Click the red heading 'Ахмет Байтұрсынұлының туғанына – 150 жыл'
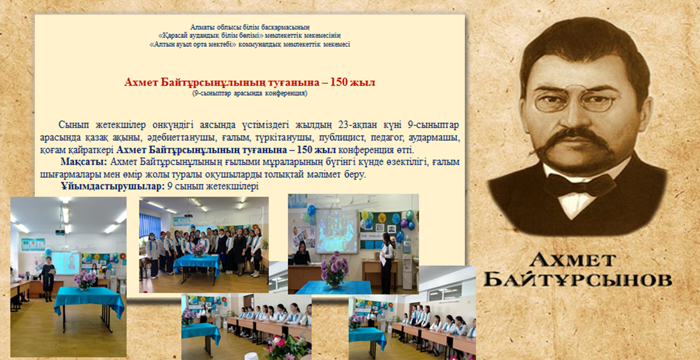coord(249,83)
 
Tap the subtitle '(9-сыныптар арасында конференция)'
coord(249,94)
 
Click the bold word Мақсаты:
coord(83,162)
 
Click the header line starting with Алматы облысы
coord(249,28)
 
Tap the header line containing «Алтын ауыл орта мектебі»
coord(249,44)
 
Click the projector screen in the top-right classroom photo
coord(334,230)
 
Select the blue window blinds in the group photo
coord(150,226)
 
